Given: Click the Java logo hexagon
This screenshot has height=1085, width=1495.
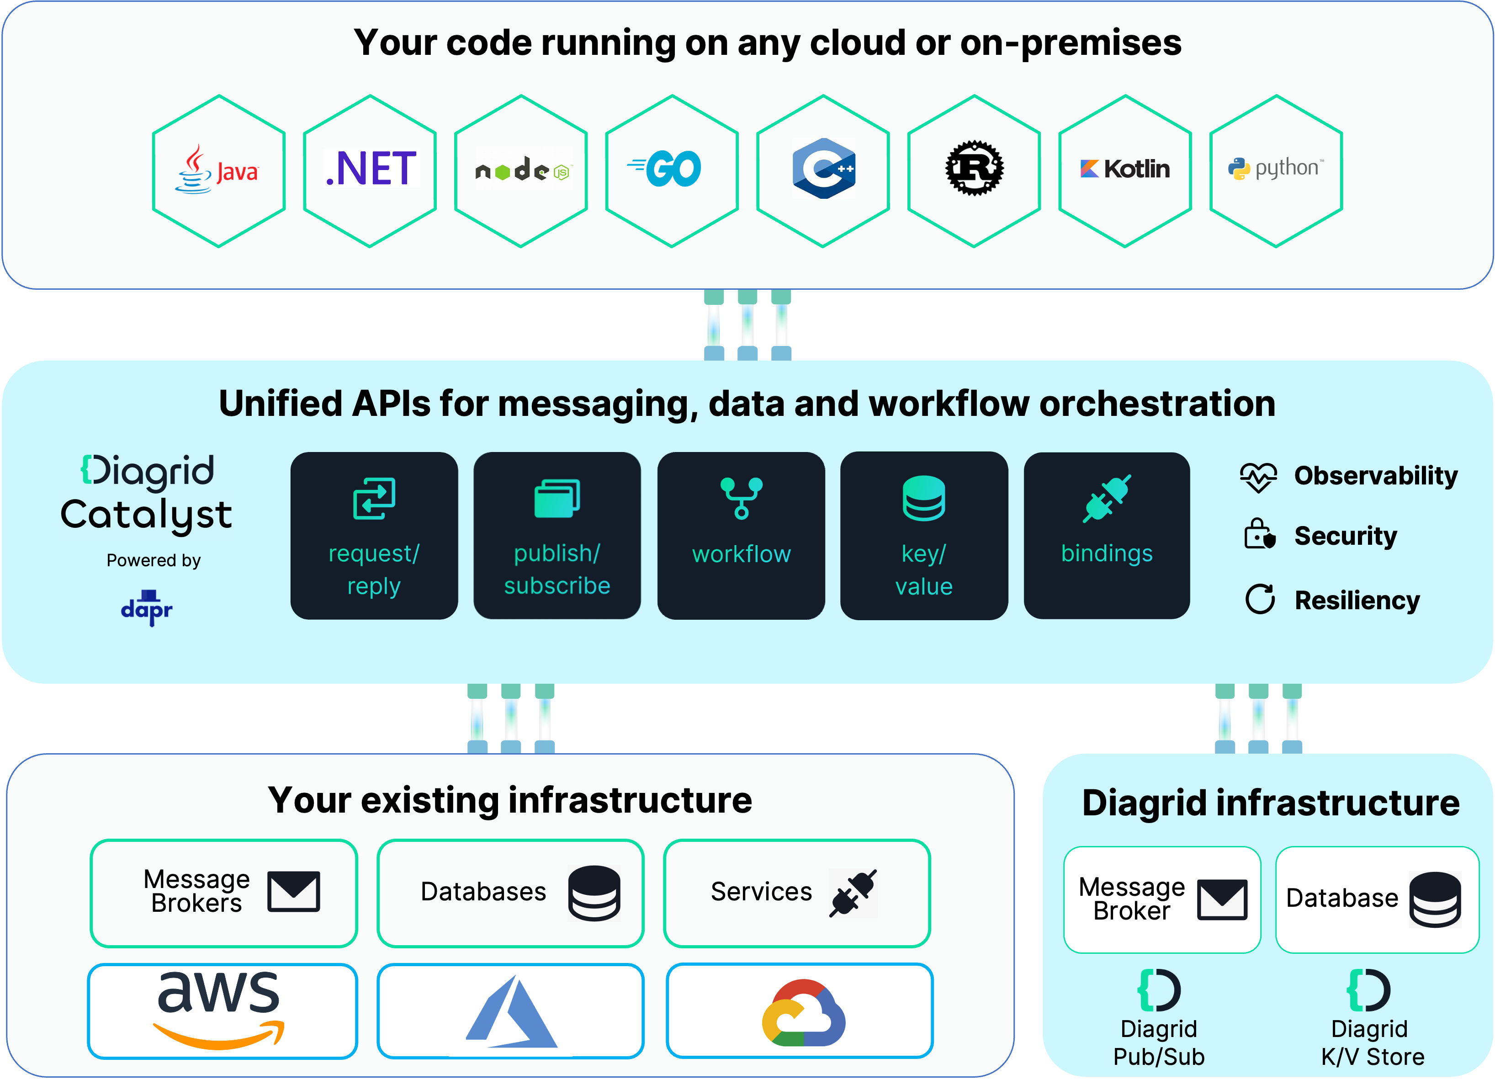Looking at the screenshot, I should [x=219, y=171].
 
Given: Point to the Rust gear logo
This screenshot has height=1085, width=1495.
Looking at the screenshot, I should [x=974, y=169].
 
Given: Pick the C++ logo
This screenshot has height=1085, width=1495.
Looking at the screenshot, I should [x=823, y=169].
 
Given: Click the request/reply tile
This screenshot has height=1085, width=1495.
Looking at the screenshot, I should [x=374, y=535].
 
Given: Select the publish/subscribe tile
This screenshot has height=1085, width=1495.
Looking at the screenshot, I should [x=557, y=535].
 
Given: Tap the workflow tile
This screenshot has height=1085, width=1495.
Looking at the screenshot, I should [x=741, y=535].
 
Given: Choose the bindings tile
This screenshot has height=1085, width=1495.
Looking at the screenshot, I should [x=1107, y=535].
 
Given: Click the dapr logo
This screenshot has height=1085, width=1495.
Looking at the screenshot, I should [x=146, y=608].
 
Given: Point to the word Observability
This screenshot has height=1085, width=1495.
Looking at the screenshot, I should [x=1376, y=475].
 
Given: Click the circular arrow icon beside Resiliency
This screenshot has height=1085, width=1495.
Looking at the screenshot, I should [x=1260, y=599].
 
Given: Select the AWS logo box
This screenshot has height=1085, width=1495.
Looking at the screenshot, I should [x=222, y=1011].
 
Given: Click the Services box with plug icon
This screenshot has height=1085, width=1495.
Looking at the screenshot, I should [x=797, y=893].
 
